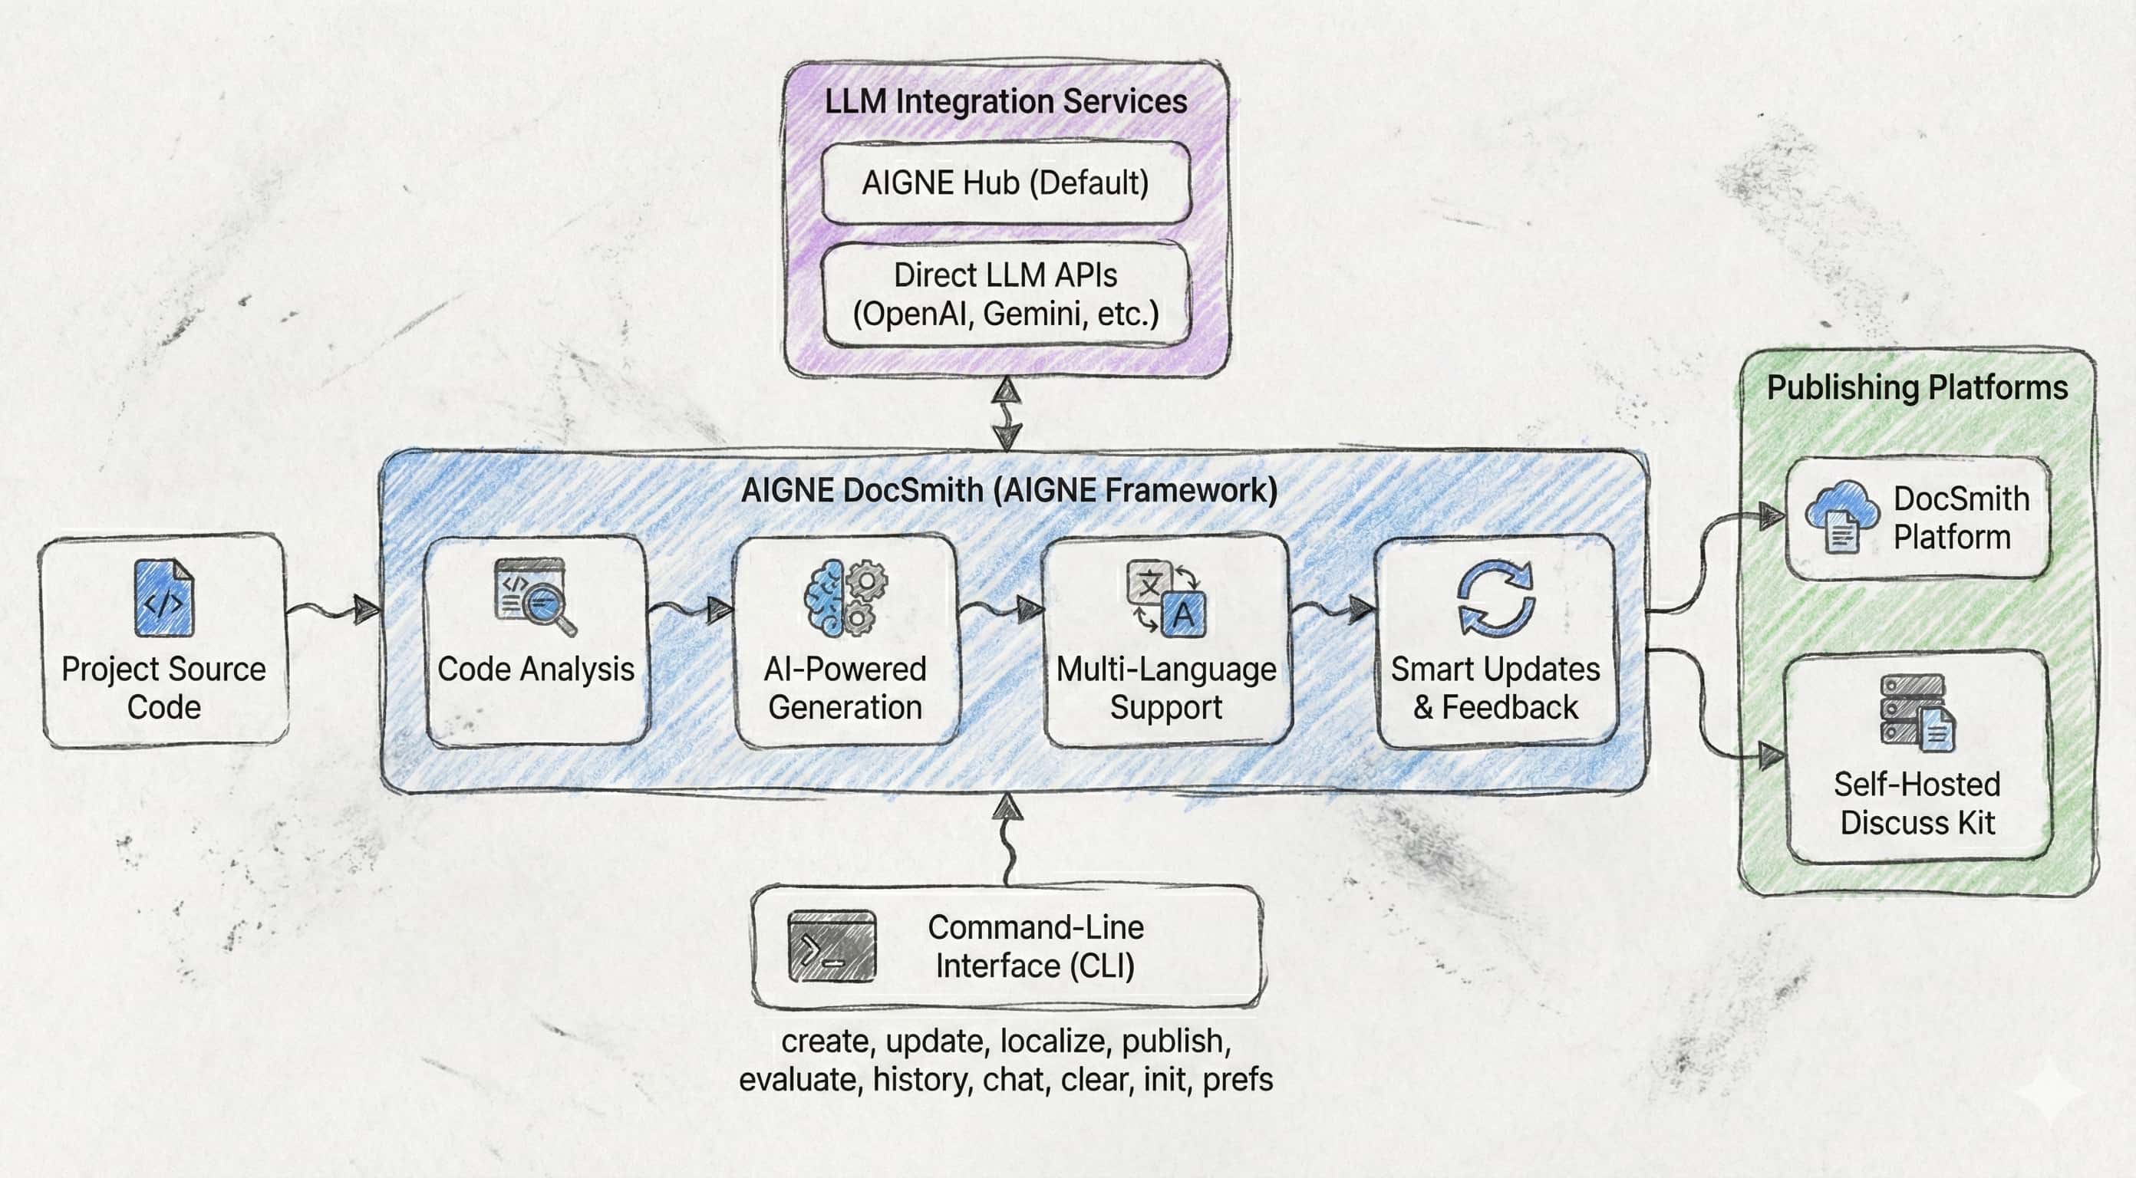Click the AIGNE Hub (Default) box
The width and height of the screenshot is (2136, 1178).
point(1006,183)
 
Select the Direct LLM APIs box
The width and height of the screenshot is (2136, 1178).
point(1006,294)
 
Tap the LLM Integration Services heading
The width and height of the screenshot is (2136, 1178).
point(1006,101)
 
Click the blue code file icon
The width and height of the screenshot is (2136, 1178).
point(163,597)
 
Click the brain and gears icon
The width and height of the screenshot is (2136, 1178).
point(845,597)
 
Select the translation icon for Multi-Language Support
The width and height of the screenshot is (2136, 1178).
point(1166,597)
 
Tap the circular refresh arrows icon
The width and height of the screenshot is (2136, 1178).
point(1495,597)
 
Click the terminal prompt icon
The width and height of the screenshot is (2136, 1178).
point(831,946)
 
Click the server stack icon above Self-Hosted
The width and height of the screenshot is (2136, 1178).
point(1917,712)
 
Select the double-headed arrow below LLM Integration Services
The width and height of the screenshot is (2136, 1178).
point(1007,413)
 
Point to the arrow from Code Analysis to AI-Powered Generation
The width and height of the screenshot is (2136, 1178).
point(691,611)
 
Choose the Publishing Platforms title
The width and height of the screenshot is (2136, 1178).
point(1917,387)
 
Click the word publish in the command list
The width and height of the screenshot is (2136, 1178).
point(1175,1041)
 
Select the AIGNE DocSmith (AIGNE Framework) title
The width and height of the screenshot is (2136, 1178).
point(1008,490)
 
